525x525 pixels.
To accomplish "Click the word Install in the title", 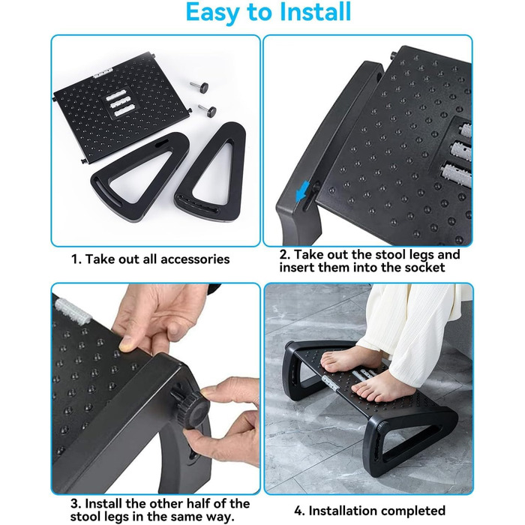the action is coord(315,11).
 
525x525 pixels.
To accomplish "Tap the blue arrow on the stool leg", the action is coord(303,190).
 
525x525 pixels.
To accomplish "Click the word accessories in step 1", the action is coord(196,259).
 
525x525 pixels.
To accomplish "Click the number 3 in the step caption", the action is coord(75,503).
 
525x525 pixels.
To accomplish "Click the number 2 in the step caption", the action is coord(284,254).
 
